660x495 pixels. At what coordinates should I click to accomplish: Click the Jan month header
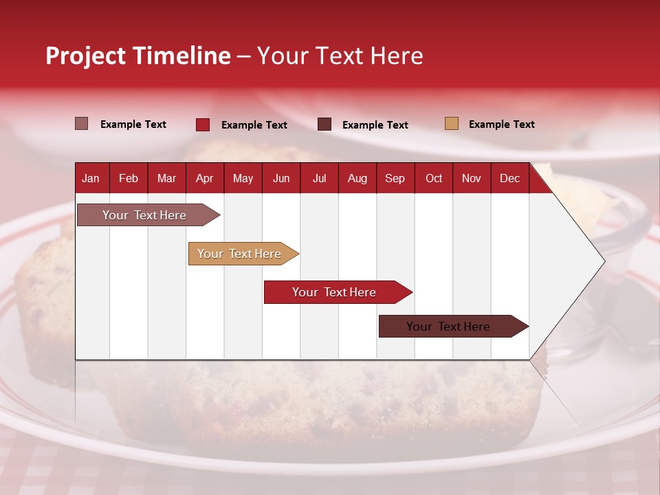point(91,178)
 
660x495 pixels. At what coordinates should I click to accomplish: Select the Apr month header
point(205,178)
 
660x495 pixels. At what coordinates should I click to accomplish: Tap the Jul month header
point(319,178)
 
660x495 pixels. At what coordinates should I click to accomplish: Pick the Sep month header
point(395,178)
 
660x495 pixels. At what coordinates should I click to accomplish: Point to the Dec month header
point(509,178)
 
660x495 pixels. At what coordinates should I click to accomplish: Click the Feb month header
point(129,178)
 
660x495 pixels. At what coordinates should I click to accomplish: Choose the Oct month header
point(434,178)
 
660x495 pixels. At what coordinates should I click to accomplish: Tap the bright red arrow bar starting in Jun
point(335,292)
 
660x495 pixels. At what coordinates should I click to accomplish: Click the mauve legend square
point(81,124)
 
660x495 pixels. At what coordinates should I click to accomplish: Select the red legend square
point(202,124)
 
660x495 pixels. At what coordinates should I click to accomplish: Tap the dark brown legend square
point(324,124)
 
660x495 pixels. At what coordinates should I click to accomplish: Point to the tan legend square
point(451,124)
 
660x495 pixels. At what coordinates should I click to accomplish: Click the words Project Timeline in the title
point(137,56)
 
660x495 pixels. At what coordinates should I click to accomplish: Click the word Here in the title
point(397,56)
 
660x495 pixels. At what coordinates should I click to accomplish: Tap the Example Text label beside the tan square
point(501,124)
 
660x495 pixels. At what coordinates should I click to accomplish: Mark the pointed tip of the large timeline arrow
point(603,261)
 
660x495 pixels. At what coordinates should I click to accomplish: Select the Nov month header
point(472,178)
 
